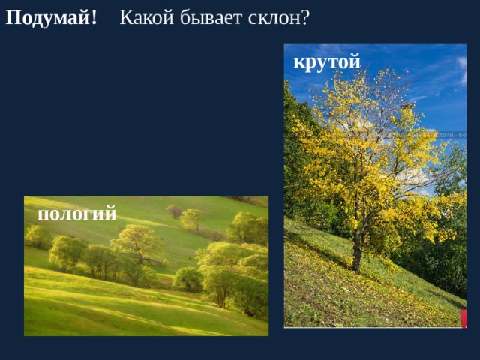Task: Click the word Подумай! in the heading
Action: click(x=51, y=17)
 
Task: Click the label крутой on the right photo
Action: click(x=327, y=61)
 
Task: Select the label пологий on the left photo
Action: click(x=76, y=214)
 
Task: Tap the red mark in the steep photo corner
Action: click(x=463, y=318)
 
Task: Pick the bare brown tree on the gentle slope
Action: click(x=175, y=211)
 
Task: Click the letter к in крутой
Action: click(x=298, y=62)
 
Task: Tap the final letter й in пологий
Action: click(x=111, y=214)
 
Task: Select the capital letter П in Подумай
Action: click(x=13, y=17)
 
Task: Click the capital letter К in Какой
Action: click(x=126, y=17)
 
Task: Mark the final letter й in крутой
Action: click(x=355, y=61)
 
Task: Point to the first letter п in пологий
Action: click(x=43, y=215)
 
